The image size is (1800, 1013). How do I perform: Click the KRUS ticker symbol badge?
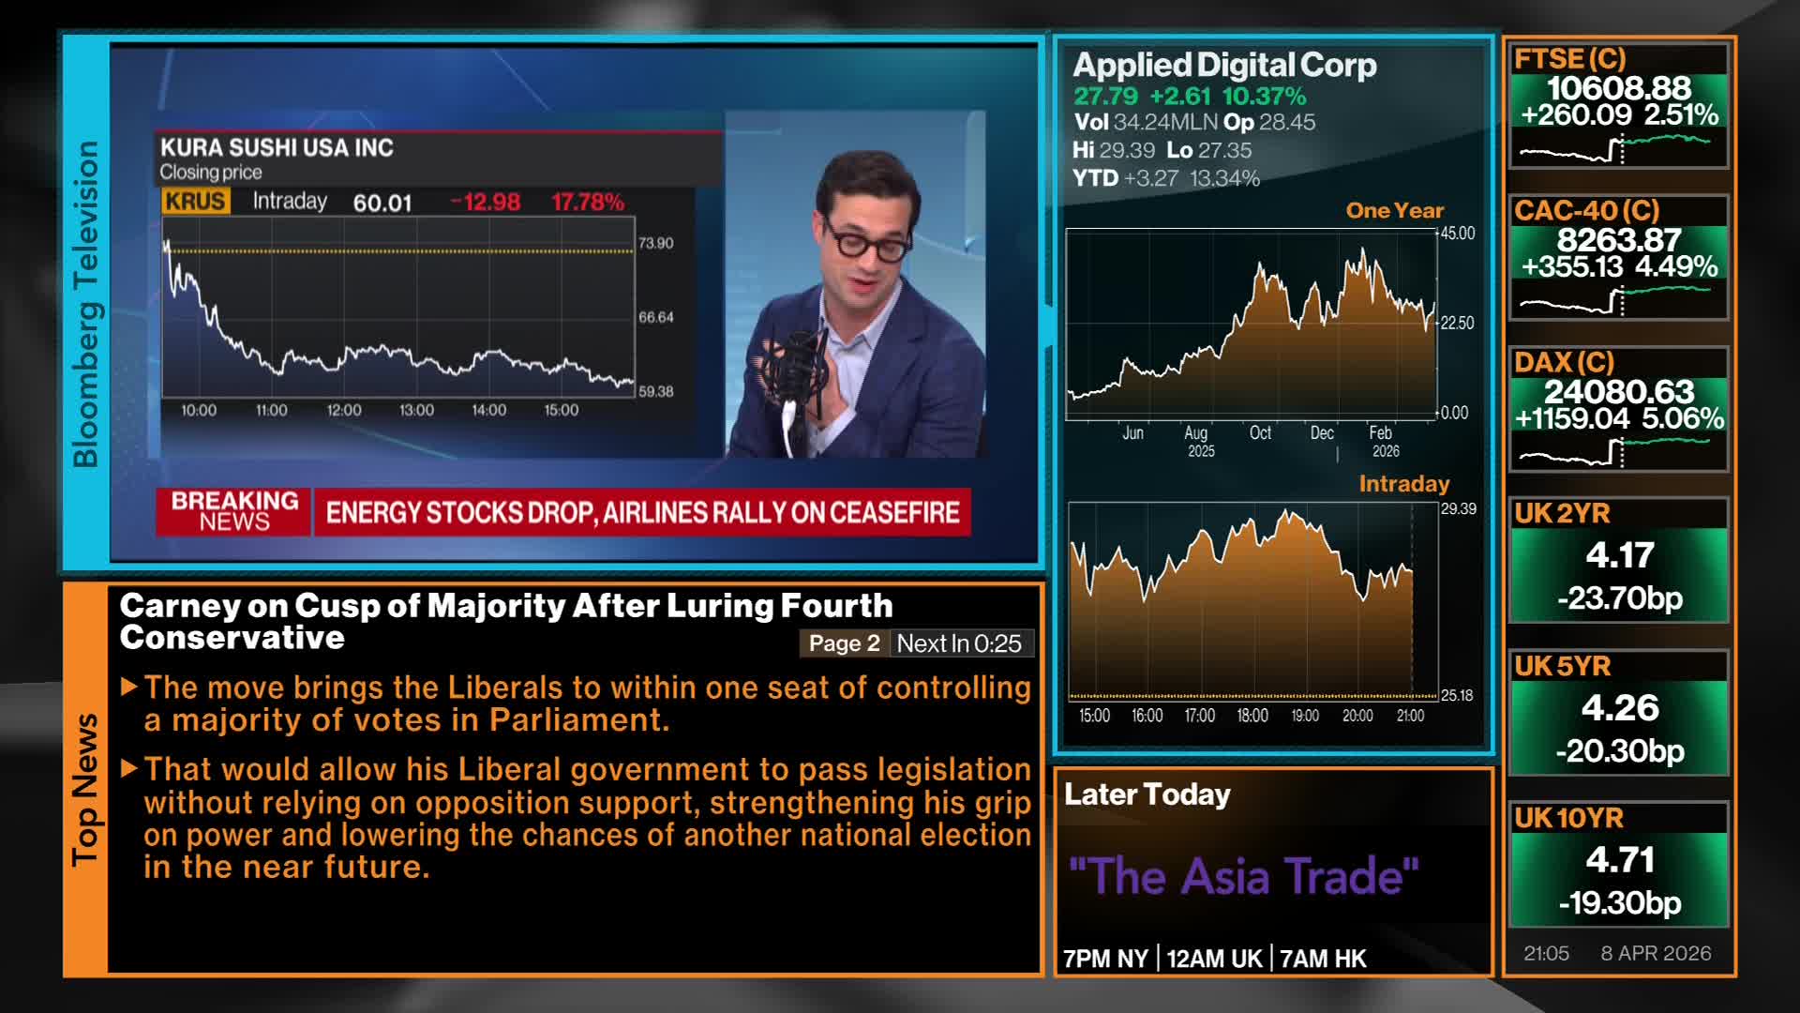(195, 202)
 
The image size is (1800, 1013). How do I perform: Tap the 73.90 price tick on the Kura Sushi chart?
(655, 243)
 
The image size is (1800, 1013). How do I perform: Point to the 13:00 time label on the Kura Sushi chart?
(416, 410)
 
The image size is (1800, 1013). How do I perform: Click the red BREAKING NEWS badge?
(234, 512)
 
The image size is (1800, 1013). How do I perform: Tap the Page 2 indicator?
(844, 643)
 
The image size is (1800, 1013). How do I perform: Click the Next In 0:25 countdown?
(959, 643)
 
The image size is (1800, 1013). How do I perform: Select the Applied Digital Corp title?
(1224, 65)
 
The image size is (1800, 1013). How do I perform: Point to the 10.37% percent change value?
(1264, 96)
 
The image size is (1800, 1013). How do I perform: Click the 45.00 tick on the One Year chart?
(1457, 234)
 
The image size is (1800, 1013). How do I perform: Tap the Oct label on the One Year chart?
(1260, 432)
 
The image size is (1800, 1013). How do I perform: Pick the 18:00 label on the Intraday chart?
(1252, 716)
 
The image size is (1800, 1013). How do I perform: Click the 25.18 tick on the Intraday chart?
(1457, 695)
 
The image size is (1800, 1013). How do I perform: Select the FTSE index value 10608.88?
(1618, 88)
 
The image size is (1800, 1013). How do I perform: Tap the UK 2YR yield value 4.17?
(1619, 554)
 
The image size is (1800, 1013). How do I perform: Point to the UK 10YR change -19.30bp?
(1619, 902)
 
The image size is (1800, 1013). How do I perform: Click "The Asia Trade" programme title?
(1243, 876)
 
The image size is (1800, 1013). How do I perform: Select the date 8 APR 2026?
(1656, 953)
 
